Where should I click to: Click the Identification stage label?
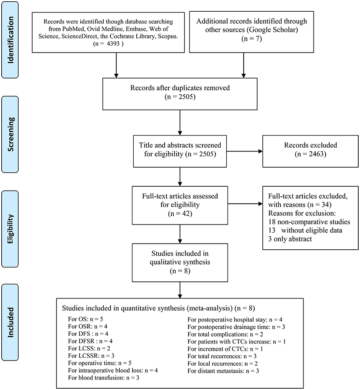(x=10, y=40)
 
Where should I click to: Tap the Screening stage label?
(x=10, y=134)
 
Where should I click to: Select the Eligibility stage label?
(x=10, y=229)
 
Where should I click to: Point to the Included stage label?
(x=10, y=322)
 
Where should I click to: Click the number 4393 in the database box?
(x=113, y=43)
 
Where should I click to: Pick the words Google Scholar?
(x=272, y=30)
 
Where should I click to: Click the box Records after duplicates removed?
(x=180, y=94)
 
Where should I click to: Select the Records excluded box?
(x=310, y=151)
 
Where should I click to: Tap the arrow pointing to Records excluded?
(x=244, y=151)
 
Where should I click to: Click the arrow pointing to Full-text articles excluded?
(x=245, y=204)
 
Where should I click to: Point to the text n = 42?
(x=180, y=213)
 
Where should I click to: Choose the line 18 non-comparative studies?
(x=309, y=221)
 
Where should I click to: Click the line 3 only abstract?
(x=290, y=239)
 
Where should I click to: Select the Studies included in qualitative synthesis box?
(x=180, y=263)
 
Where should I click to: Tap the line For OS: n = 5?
(x=86, y=319)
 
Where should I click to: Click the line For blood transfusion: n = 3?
(x=103, y=377)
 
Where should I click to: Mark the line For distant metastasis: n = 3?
(x=223, y=371)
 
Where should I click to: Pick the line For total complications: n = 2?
(x=225, y=334)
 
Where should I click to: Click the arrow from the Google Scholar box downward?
(x=244, y=65)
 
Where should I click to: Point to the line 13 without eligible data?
(x=305, y=230)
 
